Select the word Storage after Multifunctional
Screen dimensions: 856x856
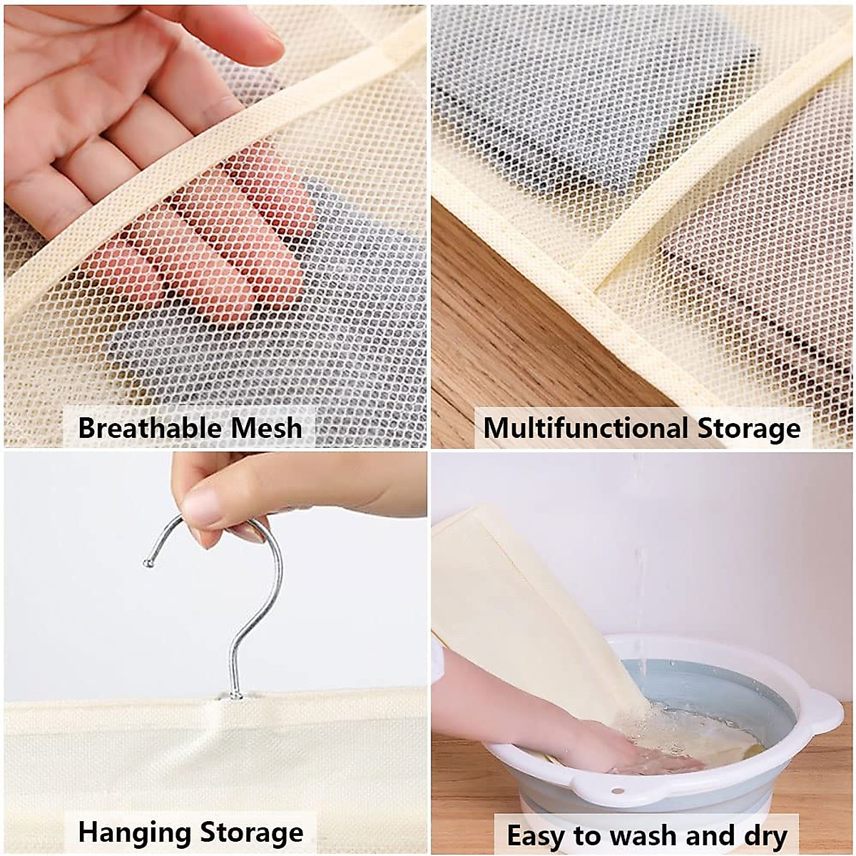(749, 428)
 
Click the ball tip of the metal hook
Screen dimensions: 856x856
(148, 564)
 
